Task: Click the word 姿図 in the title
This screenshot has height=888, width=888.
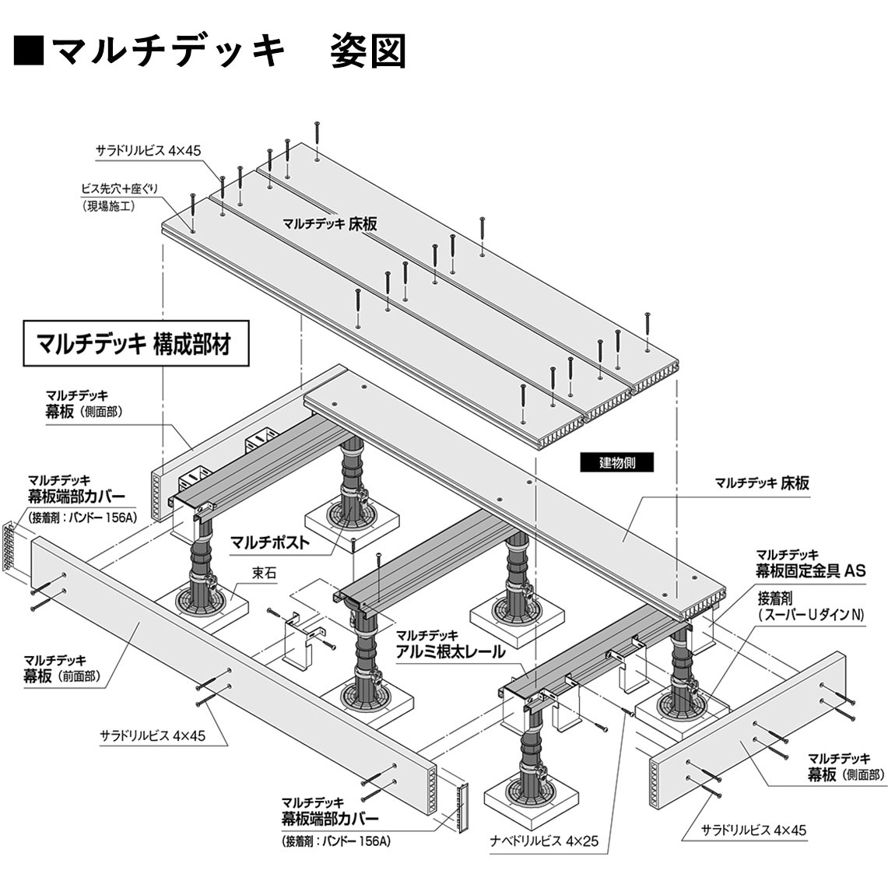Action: pos(367,51)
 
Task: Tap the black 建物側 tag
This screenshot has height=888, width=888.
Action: pos(616,462)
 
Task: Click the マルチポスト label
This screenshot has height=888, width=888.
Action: pos(269,542)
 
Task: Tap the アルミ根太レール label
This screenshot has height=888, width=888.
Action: pos(451,651)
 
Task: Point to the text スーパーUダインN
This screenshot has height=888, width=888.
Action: pos(810,615)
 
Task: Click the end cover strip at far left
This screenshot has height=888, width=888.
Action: pos(9,548)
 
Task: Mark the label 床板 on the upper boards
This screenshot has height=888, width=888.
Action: pos(330,224)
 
